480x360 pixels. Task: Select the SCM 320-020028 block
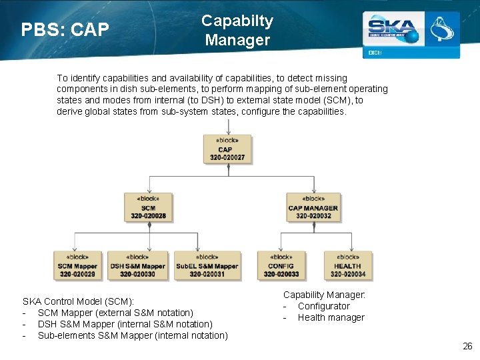point(148,207)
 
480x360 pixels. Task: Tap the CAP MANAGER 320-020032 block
point(313,207)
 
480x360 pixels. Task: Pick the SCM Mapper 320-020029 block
point(77,265)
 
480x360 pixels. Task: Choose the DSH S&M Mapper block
point(137,265)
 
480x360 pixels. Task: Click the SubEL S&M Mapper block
point(207,265)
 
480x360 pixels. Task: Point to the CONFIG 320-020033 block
point(281,265)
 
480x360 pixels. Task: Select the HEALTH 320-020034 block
point(347,265)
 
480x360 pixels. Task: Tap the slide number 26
point(467,346)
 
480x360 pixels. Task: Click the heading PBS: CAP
point(65,31)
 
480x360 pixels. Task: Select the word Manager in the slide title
point(237,40)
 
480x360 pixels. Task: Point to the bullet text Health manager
point(331,317)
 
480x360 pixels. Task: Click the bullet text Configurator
point(323,306)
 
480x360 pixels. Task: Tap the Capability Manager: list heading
point(324,295)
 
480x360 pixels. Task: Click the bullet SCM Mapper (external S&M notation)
point(115,313)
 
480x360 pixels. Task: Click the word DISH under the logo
point(375,53)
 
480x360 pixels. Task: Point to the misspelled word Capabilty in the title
point(237,21)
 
